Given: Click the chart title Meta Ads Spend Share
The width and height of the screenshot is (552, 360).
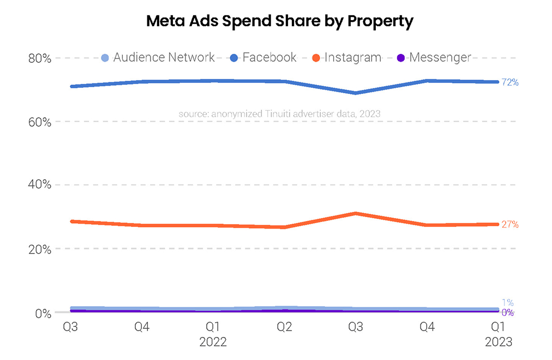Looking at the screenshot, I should click(280, 21).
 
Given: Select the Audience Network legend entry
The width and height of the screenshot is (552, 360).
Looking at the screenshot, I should click(158, 57).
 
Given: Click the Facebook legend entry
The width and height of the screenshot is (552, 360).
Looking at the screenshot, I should click(264, 57).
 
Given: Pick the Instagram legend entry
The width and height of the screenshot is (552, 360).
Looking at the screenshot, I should click(347, 57).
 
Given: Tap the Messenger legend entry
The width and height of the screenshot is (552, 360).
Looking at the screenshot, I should click(434, 57).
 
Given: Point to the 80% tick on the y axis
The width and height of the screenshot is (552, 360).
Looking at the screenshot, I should click(39, 58).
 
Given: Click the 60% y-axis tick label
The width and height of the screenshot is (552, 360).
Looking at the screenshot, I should click(39, 122).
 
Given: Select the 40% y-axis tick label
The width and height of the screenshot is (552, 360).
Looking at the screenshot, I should click(39, 185).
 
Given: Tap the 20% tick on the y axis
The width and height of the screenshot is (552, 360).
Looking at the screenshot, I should click(39, 249).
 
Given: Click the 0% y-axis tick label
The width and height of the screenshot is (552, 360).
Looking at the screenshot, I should click(43, 314).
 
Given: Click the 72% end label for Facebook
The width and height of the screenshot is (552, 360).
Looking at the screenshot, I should click(510, 83).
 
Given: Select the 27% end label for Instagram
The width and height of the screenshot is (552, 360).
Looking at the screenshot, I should click(510, 224).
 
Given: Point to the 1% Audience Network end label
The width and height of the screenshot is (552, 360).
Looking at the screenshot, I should click(507, 303).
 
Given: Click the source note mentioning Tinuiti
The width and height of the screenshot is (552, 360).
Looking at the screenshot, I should click(279, 113).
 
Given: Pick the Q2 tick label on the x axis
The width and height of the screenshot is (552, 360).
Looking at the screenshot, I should click(284, 327).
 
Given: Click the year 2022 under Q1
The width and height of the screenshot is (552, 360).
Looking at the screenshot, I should click(213, 343).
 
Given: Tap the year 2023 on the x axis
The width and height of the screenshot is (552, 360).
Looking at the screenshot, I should click(499, 343).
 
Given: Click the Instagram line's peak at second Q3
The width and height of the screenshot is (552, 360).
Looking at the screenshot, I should click(356, 213).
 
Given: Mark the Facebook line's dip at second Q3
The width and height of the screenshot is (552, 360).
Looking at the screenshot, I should click(356, 93).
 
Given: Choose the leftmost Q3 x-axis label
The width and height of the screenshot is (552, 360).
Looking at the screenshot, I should click(70, 327).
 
